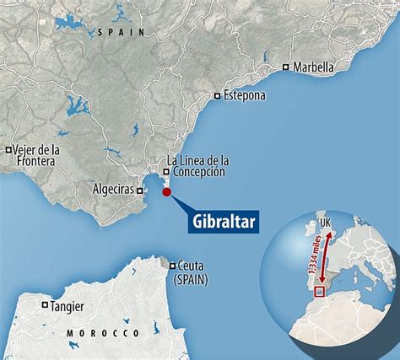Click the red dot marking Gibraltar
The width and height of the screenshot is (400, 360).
pos(166,192)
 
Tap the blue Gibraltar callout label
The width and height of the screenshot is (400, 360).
pos(221,222)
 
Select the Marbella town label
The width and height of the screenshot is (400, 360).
pos(313,67)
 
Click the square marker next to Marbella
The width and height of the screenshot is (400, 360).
pos(286,67)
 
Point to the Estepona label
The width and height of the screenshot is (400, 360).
pos(245,95)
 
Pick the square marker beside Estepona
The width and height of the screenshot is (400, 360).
pos(218,95)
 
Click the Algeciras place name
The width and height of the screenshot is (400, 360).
pos(111,190)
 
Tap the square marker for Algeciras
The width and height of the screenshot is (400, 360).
pos(140,191)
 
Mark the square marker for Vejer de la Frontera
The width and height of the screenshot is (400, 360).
pos(8,150)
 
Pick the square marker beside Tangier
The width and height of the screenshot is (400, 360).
pos(45,306)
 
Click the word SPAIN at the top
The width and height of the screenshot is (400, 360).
pos(122,31)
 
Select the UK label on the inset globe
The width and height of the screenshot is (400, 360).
pos(324,223)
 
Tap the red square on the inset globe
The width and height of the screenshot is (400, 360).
pos(319,292)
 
